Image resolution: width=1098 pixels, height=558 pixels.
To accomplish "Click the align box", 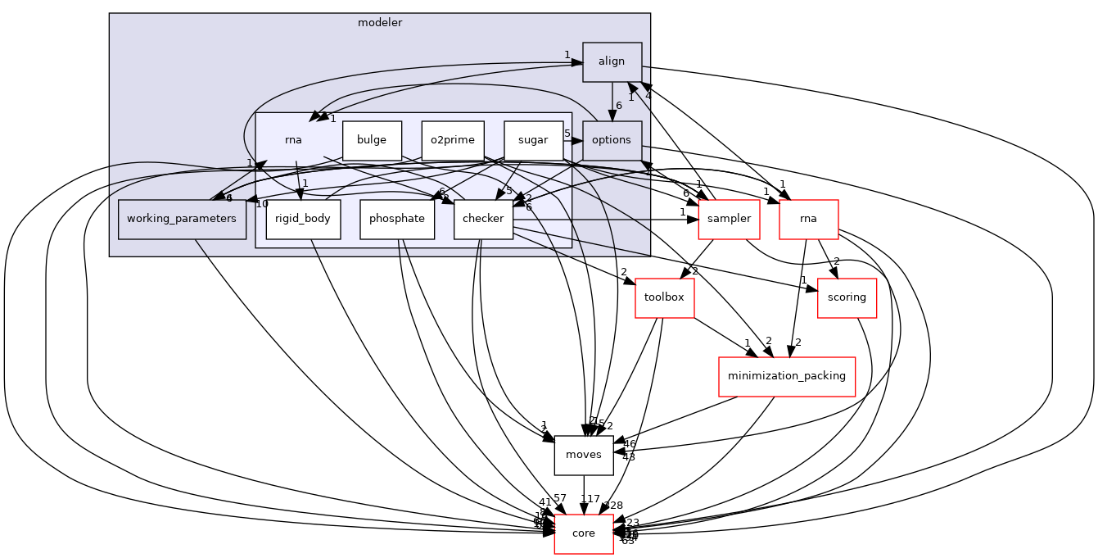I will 612,61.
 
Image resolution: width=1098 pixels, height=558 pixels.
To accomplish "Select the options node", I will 612,140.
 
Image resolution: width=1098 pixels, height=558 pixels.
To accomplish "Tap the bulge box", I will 372,140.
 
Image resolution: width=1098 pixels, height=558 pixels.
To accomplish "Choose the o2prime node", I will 453,140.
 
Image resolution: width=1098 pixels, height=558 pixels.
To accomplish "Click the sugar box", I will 533,140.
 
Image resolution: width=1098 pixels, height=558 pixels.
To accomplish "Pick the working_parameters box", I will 182,219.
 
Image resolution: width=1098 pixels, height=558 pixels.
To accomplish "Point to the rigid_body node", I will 303,219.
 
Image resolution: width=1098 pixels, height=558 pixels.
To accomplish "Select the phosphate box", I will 396,219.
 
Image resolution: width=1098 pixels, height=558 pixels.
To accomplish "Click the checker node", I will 483,219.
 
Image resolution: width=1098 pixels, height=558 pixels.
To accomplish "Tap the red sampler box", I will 729,219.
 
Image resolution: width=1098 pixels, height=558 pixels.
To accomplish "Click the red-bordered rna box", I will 809,219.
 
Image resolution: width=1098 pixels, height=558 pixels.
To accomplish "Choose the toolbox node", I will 664,297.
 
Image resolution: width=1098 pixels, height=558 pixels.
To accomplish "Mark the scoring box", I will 847,297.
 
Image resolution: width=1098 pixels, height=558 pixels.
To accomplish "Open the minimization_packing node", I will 786,376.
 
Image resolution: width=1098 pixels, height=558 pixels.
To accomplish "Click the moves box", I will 584,455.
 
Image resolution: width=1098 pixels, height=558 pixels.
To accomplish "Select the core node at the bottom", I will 584,533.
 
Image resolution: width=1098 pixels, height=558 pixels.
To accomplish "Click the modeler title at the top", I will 380,23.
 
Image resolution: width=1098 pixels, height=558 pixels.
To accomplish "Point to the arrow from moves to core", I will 584,494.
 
